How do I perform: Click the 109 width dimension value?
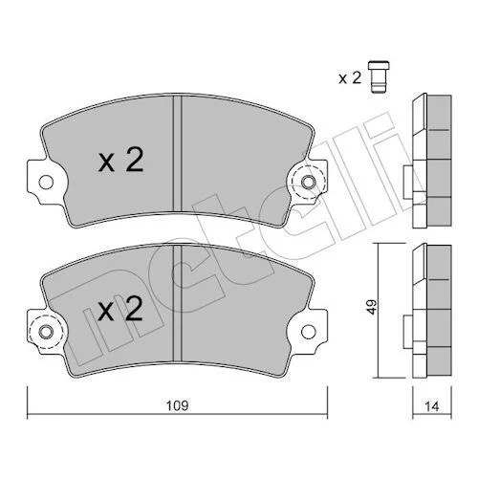178,405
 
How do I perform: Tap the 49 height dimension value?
372,307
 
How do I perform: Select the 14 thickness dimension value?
432,406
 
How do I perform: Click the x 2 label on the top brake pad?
120,161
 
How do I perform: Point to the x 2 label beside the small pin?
350,77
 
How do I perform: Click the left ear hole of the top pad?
46,183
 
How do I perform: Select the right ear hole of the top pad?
309,183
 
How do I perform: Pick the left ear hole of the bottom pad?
46,332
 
